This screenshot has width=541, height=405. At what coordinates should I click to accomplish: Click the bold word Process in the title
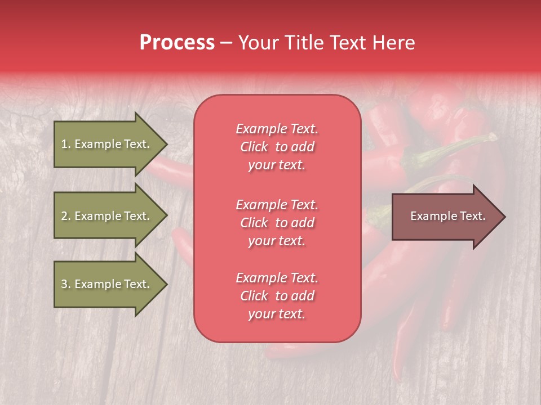click(177, 43)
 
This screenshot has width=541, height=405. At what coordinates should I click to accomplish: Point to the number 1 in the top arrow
click(64, 144)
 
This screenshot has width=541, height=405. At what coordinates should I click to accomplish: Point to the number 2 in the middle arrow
click(64, 216)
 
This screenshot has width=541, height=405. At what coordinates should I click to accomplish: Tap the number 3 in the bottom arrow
click(64, 284)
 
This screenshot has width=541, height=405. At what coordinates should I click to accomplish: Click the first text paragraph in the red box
click(277, 147)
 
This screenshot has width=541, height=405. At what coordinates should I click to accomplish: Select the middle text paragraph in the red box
click(277, 223)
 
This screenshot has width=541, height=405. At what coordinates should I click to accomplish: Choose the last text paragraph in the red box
click(277, 296)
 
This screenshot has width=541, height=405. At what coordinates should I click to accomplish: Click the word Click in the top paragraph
click(254, 147)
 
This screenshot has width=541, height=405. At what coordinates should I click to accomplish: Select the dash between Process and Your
click(226, 43)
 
